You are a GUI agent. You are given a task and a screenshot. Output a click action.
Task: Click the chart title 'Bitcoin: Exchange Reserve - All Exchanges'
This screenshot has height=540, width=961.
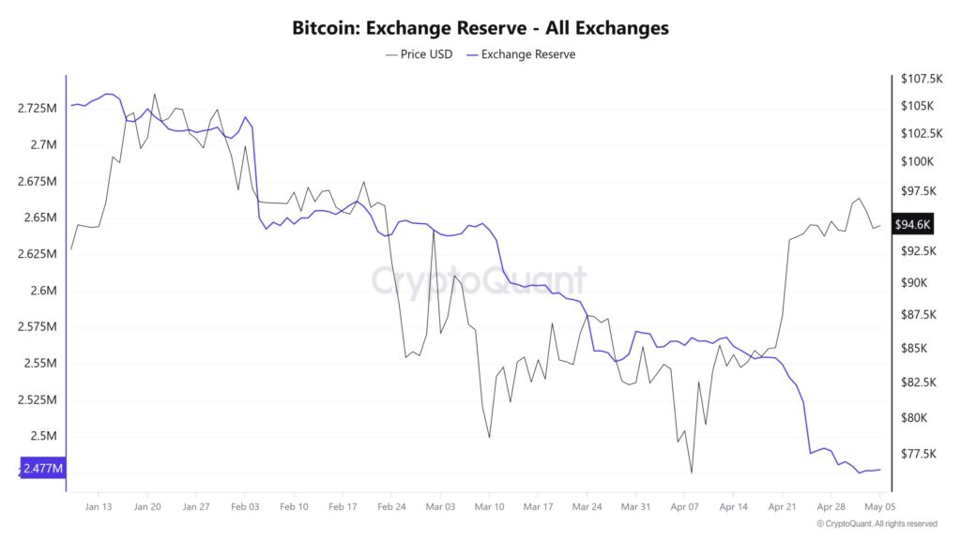(480, 28)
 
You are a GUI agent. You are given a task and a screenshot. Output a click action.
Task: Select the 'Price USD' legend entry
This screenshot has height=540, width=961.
(419, 54)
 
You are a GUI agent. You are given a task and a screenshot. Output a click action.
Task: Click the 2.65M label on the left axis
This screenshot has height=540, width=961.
(38, 217)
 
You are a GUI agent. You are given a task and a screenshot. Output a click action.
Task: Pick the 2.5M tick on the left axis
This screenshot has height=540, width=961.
(43, 436)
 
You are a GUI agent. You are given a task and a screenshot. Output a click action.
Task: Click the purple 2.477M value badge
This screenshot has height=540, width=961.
(43, 468)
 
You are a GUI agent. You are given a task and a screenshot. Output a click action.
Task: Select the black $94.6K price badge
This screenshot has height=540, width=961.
(912, 224)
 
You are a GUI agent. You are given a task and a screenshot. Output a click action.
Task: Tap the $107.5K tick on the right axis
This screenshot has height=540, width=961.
(922, 78)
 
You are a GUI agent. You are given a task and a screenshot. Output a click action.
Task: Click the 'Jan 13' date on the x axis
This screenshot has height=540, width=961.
(98, 506)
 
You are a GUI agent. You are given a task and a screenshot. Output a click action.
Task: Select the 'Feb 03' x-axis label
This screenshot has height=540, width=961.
(244, 506)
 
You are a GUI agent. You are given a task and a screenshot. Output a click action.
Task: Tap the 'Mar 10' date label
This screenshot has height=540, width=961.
(489, 506)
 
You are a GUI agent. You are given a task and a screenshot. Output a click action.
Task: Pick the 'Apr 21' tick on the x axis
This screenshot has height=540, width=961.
(783, 506)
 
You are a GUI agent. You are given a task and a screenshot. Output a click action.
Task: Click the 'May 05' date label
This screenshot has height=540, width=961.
(878, 506)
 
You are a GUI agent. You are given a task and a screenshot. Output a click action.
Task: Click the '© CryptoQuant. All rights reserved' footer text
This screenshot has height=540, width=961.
(877, 524)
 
